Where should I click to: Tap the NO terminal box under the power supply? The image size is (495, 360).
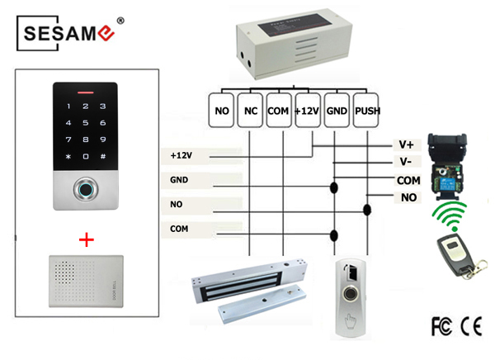tap(221, 111)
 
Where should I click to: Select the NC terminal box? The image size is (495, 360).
tap(251, 111)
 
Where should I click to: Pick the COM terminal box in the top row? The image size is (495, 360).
tap(279, 111)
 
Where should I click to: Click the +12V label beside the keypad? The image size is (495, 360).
tap(181, 154)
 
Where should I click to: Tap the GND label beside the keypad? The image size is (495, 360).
tap(179, 178)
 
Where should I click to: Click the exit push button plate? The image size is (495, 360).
tap(350, 296)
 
